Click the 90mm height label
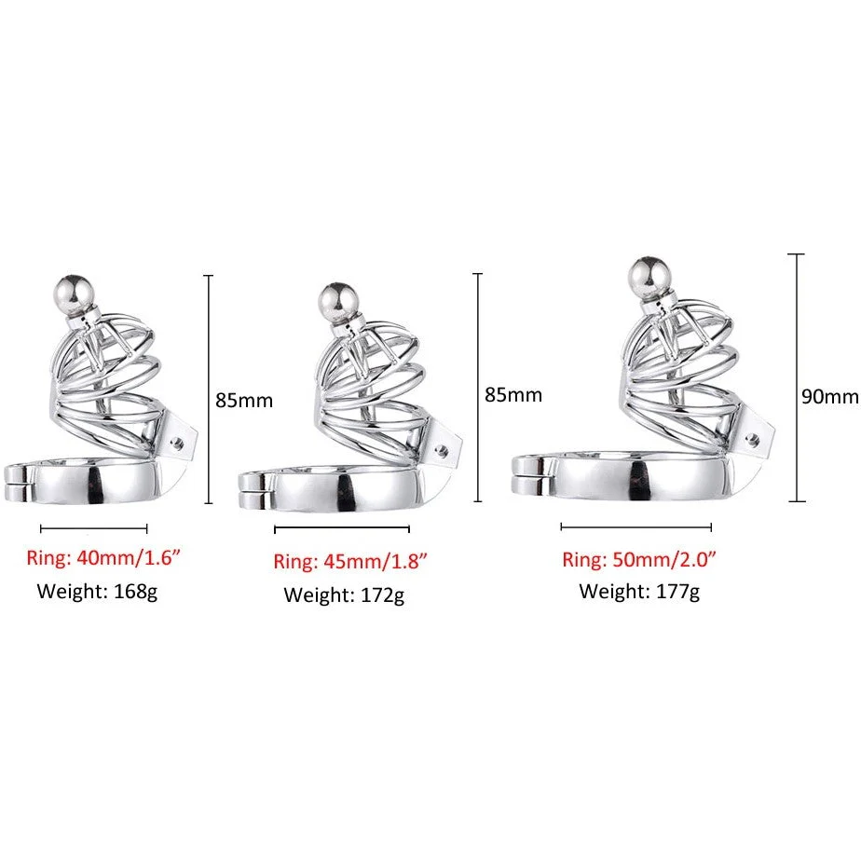tap(829, 396)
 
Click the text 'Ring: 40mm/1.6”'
tap(103, 558)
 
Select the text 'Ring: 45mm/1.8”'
tap(350, 561)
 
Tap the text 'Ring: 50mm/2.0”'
tap(639, 559)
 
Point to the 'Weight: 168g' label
tap(97, 592)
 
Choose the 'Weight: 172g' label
tap(344, 595)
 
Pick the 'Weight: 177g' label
tap(639, 592)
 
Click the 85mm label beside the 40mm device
tap(244, 401)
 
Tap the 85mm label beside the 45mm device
tap(513, 395)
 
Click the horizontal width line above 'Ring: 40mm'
tap(94, 528)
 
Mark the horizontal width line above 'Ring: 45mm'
tap(342, 528)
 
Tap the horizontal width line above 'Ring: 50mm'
tap(635, 527)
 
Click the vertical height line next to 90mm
tap(796, 377)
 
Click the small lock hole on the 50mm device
tap(753, 439)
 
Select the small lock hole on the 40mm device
tap(177, 444)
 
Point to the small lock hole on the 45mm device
tap(441, 452)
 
